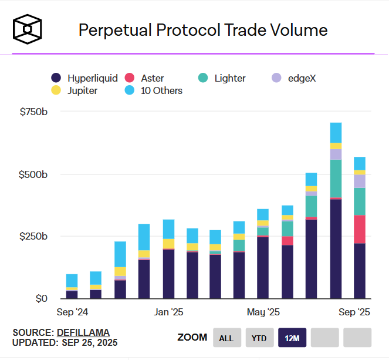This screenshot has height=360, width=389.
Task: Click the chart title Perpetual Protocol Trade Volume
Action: point(203,30)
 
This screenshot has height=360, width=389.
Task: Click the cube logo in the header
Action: point(29,29)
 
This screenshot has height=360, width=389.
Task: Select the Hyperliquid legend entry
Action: point(85,78)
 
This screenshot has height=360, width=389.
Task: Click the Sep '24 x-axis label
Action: point(72,311)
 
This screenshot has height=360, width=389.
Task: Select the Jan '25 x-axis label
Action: point(169,311)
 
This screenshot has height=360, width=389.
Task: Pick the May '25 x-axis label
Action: point(263,311)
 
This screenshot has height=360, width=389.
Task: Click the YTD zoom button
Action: point(259,338)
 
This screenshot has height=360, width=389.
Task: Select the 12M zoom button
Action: point(292,338)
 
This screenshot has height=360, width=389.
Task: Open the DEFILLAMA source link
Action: point(83,332)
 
